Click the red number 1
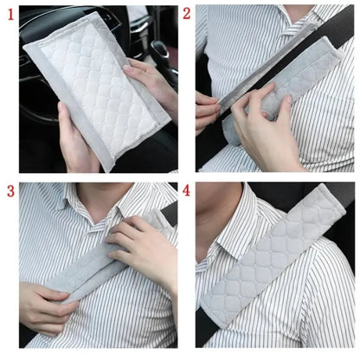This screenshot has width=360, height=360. (10, 13)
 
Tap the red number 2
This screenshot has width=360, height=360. (186, 14)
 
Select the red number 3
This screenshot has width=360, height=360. (10, 190)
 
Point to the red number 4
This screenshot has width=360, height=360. (186, 190)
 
